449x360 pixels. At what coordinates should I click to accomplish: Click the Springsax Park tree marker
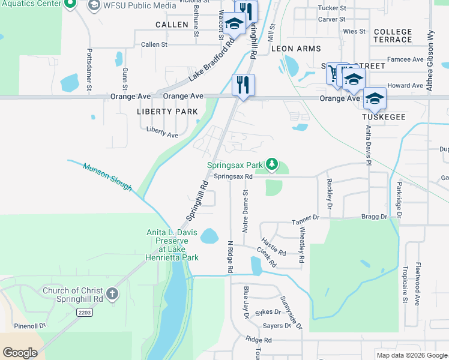click(x=273, y=164)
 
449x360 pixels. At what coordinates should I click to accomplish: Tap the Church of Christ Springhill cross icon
click(x=112, y=295)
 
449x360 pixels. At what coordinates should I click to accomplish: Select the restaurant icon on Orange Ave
click(x=243, y=84)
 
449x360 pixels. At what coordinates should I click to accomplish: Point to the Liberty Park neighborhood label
click(x=167, y=112)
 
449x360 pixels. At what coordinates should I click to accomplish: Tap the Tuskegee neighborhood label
click(x=381, y=118)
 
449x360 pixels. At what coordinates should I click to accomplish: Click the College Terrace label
click(x=393, y=35)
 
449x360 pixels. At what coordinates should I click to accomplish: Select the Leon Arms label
click(x=296, y=48)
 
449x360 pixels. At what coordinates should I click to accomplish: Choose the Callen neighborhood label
click(x=172, y=25)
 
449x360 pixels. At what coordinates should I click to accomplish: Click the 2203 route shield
click(x=85, y=312)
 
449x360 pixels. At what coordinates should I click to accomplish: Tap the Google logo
click(x=20, y=353)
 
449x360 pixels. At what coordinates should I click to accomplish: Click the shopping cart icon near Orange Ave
click(x=334, y=75)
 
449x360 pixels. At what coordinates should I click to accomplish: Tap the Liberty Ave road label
click(x=162, y=132)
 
